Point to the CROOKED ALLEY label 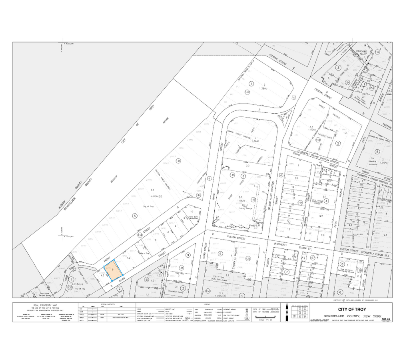click(361, 52)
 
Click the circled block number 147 click(247, 92)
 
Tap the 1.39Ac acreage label click(263, 88)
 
